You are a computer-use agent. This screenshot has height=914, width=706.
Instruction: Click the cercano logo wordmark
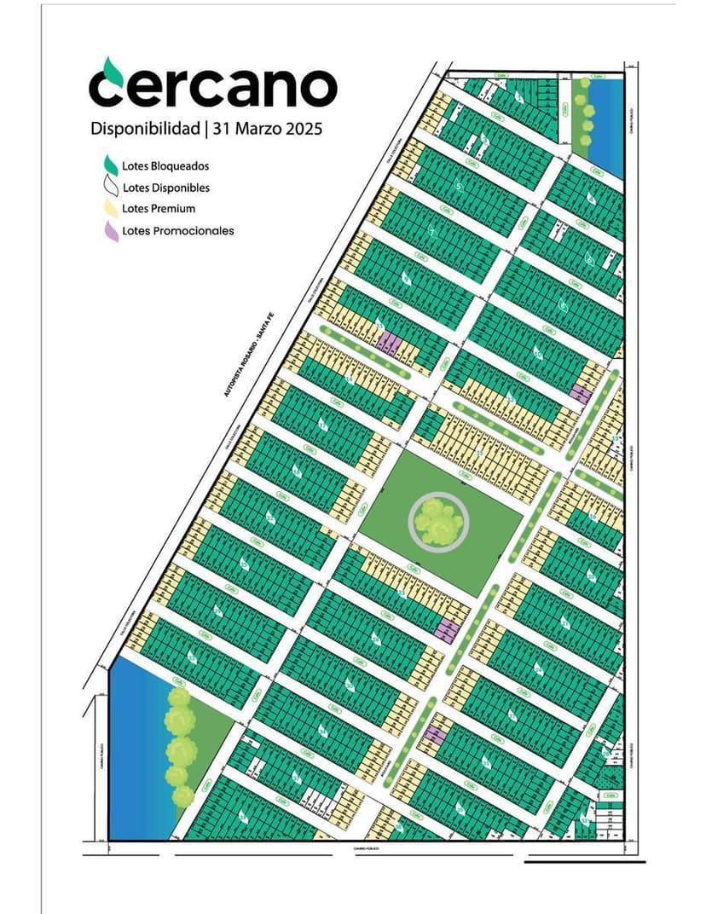pyautogui.click(x=213, y=87)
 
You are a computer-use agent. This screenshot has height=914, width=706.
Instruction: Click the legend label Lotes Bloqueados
pyautogui.click(x=165, y=166)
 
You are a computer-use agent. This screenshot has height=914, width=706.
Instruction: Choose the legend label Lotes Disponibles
pyautogui.click(x=166, y=188)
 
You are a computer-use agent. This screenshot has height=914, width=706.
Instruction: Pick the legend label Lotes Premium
pyautogui.click(x=159, y=209)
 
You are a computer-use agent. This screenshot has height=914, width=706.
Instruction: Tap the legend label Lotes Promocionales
pyautogui.click(x=177, y=230)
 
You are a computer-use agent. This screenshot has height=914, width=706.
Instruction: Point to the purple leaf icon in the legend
pyautogui.click(x=111, y=230)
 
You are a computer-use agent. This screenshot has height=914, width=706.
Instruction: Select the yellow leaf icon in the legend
pyautogui.click(x=110, y=209)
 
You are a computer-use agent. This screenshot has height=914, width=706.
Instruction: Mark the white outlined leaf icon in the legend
pyautogui.click(x=110, y=187)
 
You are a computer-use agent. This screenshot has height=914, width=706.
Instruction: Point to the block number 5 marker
pyautogui.click(x=459, y=186)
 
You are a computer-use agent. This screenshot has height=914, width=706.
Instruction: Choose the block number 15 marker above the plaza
pyautogui.click(x=480, y=452)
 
